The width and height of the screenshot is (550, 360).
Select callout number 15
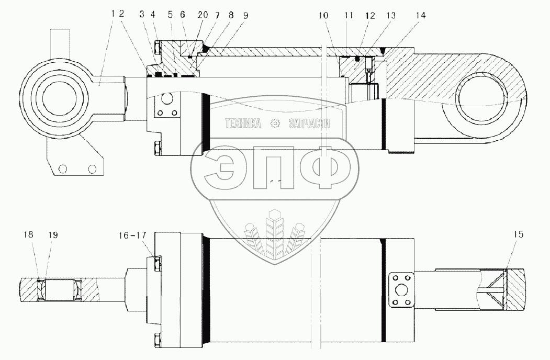(518, 235)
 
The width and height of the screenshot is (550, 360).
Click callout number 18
(28, 235)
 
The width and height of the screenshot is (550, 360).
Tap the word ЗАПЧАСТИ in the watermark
(309, 123)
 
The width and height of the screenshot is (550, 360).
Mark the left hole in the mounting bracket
(63, 168)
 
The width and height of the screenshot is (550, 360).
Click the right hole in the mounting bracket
(93, 168)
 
